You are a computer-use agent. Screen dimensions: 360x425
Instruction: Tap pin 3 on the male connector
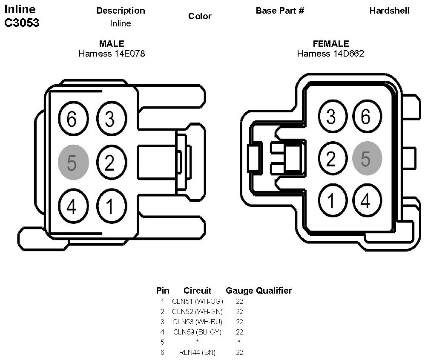pyautogui.click(x=110, y=120)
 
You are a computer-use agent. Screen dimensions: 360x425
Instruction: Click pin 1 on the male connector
pyautogui.click(x=110, y=207)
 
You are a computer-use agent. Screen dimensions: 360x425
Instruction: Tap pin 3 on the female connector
pyautogui.click(x=331, y=117)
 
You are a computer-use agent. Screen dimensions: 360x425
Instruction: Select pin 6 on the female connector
pyautogui.click(x=366, y=117)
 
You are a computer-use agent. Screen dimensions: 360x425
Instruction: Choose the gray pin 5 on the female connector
pyautogui.click(x=367, y=158)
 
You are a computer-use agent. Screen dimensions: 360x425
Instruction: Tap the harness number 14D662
pyautogui.click(x=345, y=54)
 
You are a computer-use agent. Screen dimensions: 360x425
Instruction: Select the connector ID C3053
pyautogui.click(x=22, y=23)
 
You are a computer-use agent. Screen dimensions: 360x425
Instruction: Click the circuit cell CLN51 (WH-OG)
pyautogui.click(x=197, y=301)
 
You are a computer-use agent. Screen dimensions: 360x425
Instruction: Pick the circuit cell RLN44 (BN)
pyautogui.click(x=197, y=352)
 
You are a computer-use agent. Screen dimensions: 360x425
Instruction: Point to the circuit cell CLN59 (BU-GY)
pyautogui.click(x=197, y=332)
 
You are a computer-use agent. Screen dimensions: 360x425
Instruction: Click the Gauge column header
pyautogui.click(x=239, y=291)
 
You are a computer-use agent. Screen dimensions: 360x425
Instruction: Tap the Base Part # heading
pyautogui.click(x=280, y=11)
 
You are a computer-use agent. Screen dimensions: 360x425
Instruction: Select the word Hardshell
pyautogui.click(x=389, y=11)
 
